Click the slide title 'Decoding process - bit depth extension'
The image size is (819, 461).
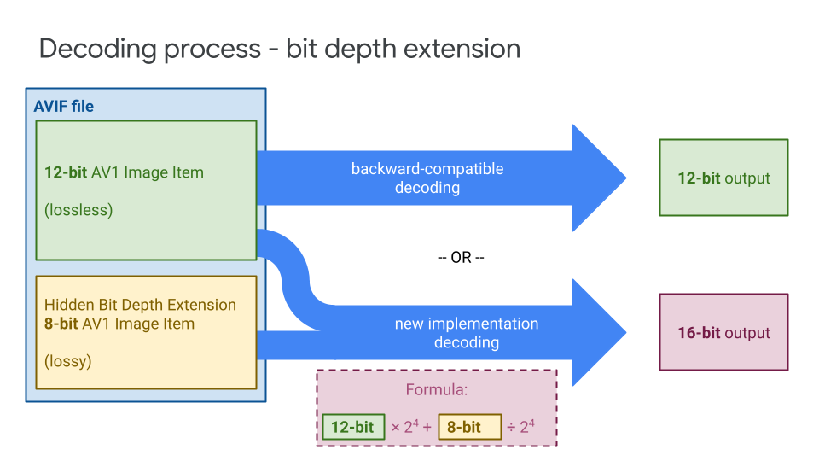click(x=280, y=49)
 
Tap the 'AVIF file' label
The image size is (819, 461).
click(x=63, y=107)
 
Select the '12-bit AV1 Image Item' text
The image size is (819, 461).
click(x=124, y=172)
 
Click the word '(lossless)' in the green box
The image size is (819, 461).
click(x=78, y=210)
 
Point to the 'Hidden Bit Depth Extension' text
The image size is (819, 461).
click(x=140, y=305)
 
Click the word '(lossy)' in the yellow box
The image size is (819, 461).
click(x=68, y=361)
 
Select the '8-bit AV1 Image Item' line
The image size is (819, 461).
click(x=119, y=324)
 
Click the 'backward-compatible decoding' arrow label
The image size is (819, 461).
click(x=427, y=178)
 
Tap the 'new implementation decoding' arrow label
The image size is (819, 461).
click(x=467, y=333)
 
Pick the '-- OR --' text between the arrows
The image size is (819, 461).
click(x=461, y=258)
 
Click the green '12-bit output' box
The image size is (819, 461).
click(x=723, y=178)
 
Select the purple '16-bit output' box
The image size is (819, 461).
click(x=723, y=332)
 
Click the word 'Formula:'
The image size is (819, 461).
click(x=436, y=391)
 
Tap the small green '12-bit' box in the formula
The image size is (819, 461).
click(x=353, y=427)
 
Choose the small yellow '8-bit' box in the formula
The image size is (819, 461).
click(x=469, y=427)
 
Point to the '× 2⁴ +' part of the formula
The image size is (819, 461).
click(x=411, y=427)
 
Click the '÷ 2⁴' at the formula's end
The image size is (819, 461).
click(x=521, y=427)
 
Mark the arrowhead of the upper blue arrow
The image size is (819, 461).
click(x=597, y=178)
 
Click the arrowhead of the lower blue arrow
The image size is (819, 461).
click(x=597, y=332)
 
